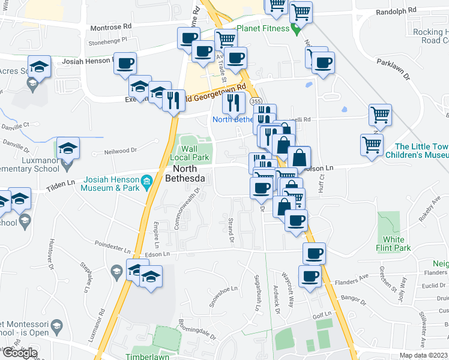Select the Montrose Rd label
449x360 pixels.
point(110,27)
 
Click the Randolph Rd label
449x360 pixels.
point(396,11)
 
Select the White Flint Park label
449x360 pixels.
point(397,244)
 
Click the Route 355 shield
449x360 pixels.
point(256,101)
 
